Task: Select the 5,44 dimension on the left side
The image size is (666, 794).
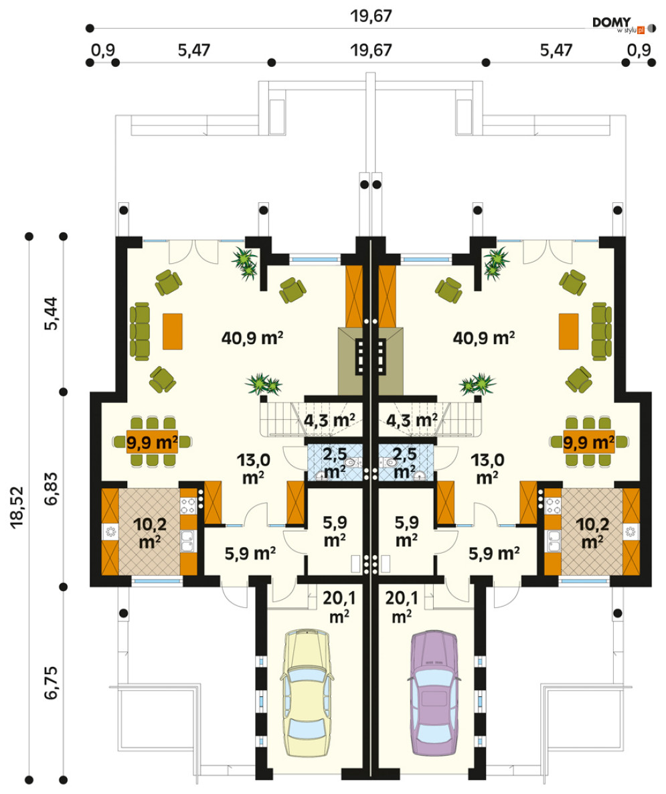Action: pyautogui.click(x=51, y=313)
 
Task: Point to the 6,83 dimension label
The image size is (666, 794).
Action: pyautogui.click(x=51, y=489)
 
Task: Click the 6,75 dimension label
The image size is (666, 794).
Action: pyautogui.click(x=51, y=683)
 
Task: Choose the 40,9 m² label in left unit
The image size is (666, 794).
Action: pyautogui.click(x=252, y=338)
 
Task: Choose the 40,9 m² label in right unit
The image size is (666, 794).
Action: pyautogui.click(x=484, y=338)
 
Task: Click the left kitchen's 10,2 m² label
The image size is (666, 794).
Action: pyautogui.click(x=150, y=533)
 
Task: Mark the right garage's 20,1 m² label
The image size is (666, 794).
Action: pyautogui.click(x=402, y=607)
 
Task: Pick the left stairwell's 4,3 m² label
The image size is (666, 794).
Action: pyautogui.click(x=329, y=420)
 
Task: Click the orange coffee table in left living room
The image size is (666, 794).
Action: pyautogui.click(x=172, y=331)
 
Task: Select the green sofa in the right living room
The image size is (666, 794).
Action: pyautogui.click(x=601, y=331)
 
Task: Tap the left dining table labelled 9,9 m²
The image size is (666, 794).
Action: pyautogui.click(x=152, y=442)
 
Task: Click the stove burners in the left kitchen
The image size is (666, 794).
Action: pyautogui.click(x=188, y=505)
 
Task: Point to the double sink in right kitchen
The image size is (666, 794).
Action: pyautogui.click(x=553, y=542)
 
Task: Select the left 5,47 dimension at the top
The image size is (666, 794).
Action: pyautogui.click(x=194, y=50)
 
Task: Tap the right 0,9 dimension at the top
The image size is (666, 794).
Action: pyautogui.click(x=639, y=50)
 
